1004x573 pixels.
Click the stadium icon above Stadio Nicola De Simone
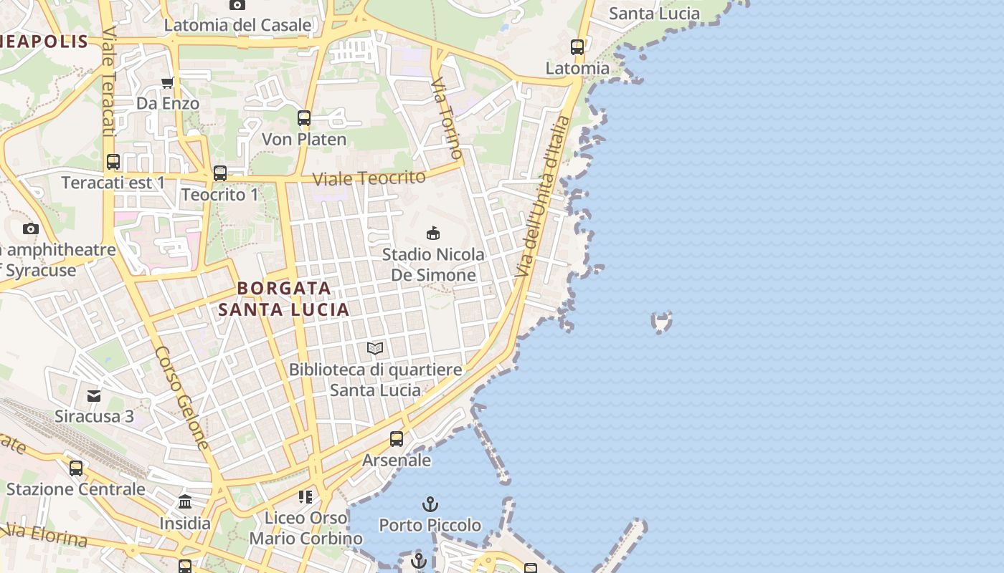(432, 233)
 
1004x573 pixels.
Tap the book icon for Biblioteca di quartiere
(375, 349)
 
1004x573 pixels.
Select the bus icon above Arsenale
(397, 438)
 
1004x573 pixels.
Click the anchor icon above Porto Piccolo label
(430, 504)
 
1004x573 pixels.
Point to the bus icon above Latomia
(577, 47)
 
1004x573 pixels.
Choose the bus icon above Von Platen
(304, 118)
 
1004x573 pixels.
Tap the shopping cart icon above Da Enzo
(168, 82)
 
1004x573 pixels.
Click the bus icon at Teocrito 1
(220, 173)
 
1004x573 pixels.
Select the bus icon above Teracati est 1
(113, 162)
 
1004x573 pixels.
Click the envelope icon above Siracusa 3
(94, 395)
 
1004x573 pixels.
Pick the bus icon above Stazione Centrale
(76, 468)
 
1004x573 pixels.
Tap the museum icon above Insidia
(185, 501)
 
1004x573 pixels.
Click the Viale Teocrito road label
(369, 178)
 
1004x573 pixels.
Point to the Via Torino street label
(447, 118)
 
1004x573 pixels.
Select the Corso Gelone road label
(182, 398)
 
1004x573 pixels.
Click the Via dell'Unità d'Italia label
(543, 197)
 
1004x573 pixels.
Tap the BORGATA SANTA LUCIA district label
(284, 299)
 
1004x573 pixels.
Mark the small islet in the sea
(661, 322)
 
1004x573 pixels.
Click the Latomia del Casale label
(237, 25)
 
